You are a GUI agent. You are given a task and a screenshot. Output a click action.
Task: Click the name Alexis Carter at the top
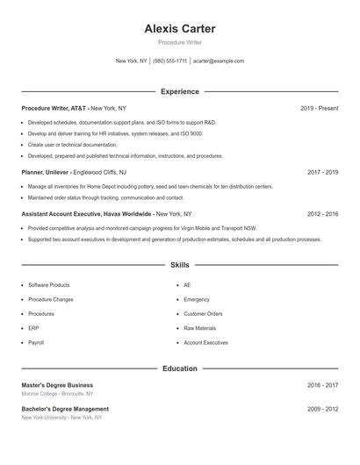coord(180,29)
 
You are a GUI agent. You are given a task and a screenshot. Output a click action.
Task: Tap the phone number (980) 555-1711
coord(169,61)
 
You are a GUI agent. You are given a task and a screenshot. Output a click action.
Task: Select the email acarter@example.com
coord(219,61)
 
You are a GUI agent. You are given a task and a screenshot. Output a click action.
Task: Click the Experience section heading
coord(180,91)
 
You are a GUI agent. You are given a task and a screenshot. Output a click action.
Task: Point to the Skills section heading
coord(180,264)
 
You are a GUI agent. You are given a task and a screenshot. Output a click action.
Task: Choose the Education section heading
coord(180,368)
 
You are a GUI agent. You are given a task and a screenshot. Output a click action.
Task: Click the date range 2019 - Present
coord(319,108)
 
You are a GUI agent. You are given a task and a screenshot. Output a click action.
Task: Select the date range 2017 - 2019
coord(322,173)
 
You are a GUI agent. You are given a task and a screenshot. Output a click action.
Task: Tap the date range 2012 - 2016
coord(322,213)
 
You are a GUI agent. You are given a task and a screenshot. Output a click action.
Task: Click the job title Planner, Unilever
coord(46,173)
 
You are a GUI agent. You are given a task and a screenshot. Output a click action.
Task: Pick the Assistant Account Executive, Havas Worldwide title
coord(85,213)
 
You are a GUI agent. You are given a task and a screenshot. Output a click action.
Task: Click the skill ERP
coord(34,328)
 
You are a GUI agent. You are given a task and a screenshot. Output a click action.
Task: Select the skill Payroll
coord(36,342)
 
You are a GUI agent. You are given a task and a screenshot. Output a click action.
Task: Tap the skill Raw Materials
coord(200,328)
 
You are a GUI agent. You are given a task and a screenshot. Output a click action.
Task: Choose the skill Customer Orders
coord(203,313)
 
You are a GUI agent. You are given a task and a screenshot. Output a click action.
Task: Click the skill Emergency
coord(197,299)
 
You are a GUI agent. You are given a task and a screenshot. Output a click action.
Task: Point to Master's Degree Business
coord(57,385)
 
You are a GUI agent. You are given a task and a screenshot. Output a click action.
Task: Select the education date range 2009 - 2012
coord(322,409)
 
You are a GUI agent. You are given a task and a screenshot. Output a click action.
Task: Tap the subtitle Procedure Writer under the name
coord(180,42)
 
